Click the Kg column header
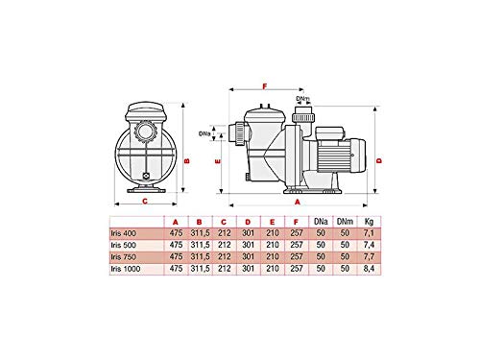(369, 222)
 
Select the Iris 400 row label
(124, 233)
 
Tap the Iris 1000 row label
(126, 269)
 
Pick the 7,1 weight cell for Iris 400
(369, 233)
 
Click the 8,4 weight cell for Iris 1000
(369, 269)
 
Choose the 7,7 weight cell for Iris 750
(369, 257)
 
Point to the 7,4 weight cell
(369, 245)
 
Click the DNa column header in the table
(321, 222)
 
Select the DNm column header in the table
(345, 222)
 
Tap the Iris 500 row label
(124, 245)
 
